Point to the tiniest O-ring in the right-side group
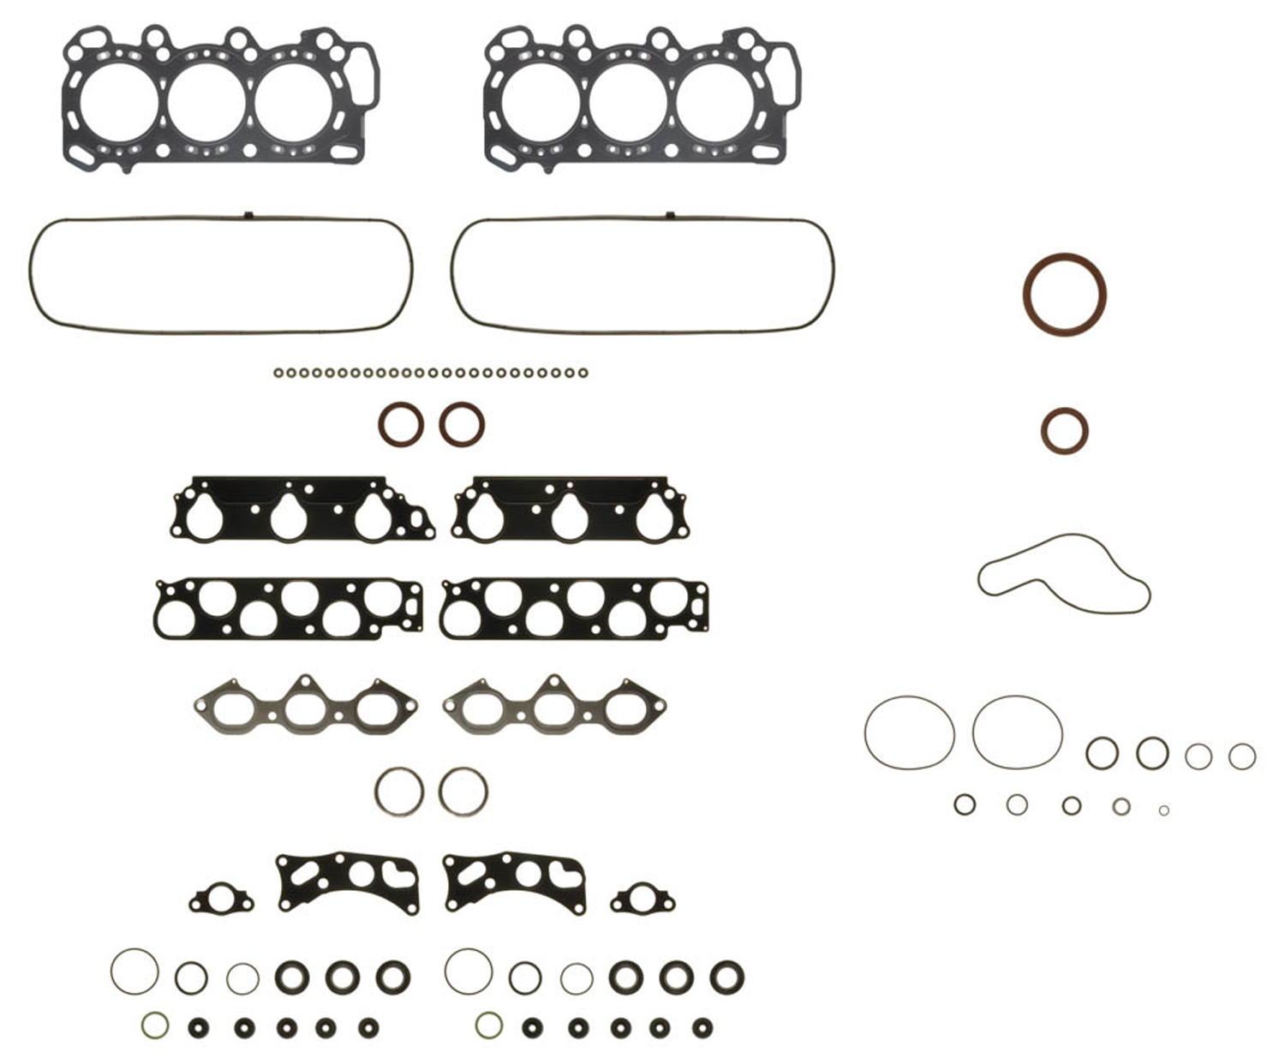1163,810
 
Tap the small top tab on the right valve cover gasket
670,214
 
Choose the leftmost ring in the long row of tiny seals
278,374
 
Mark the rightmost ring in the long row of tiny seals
583,374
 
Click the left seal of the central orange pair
400,424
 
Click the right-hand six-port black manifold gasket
574,608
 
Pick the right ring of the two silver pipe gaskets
463,791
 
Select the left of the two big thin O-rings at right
909,732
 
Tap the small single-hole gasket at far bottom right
642,900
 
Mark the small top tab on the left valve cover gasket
247,214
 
